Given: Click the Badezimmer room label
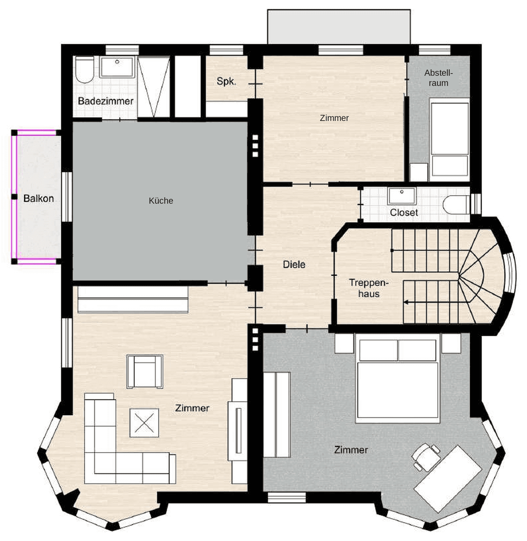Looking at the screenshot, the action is point(105,101).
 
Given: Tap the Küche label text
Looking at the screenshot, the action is point(161,201).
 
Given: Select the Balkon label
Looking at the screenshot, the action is point(39,199).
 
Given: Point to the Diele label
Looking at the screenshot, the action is point(294,264).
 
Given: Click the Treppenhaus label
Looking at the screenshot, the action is point(369,288).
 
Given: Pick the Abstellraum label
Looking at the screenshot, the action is point(438,78).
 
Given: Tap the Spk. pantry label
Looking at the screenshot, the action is point(226,81).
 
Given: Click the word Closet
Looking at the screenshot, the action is point(404,212).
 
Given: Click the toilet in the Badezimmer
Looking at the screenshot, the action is point(84,70).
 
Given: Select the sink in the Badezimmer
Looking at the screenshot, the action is point(116,67).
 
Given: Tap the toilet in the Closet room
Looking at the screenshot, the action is point(456,204).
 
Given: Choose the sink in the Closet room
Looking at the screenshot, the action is point(402,196).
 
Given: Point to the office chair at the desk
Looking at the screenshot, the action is point(426,457).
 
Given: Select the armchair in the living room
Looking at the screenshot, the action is point(145,372).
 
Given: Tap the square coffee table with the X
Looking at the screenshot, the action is point(144,423).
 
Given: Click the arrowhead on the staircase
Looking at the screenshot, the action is point(406,302).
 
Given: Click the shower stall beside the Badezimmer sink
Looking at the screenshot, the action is point(154,87).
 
